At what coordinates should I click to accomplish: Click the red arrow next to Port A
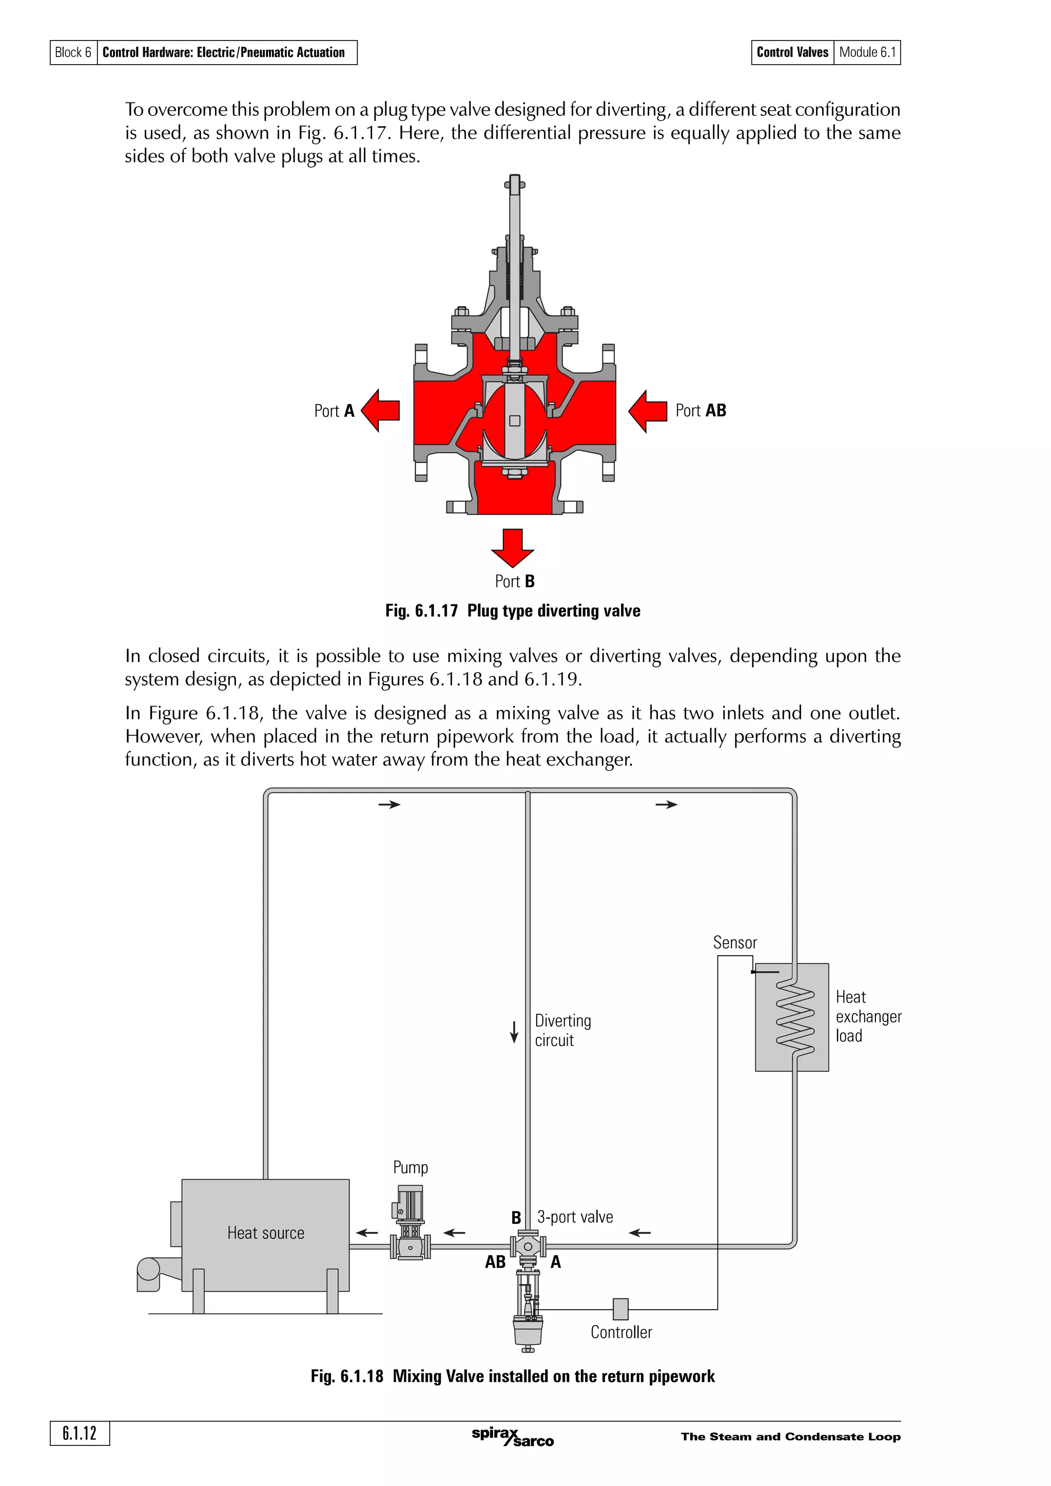point(380,410)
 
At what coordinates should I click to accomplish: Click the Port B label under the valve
point(515,581)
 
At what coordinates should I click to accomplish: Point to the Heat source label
point(265,1233)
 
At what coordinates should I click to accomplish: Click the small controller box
point(620,1309)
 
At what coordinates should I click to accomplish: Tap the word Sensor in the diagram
point(735,942)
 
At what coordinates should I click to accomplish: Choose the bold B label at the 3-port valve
point(516,1218)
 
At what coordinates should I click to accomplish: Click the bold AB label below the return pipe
point(495,1262)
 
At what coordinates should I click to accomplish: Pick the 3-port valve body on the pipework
point(528,1247)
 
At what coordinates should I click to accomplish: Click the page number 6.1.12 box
point(80,1434)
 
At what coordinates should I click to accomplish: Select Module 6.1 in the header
point(867,52)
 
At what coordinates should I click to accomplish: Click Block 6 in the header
point(73,52)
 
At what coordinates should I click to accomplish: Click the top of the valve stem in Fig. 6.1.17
point(515,183)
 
